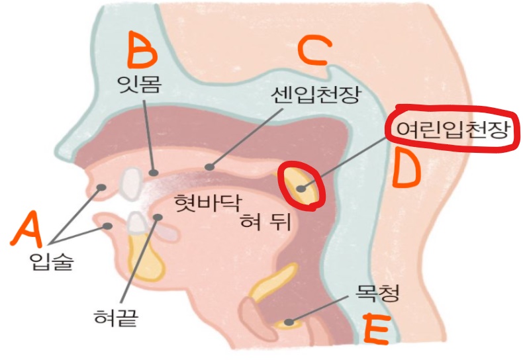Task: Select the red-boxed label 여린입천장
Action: [x=452, y=129]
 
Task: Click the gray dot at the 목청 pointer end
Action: [x=288, y=322]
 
